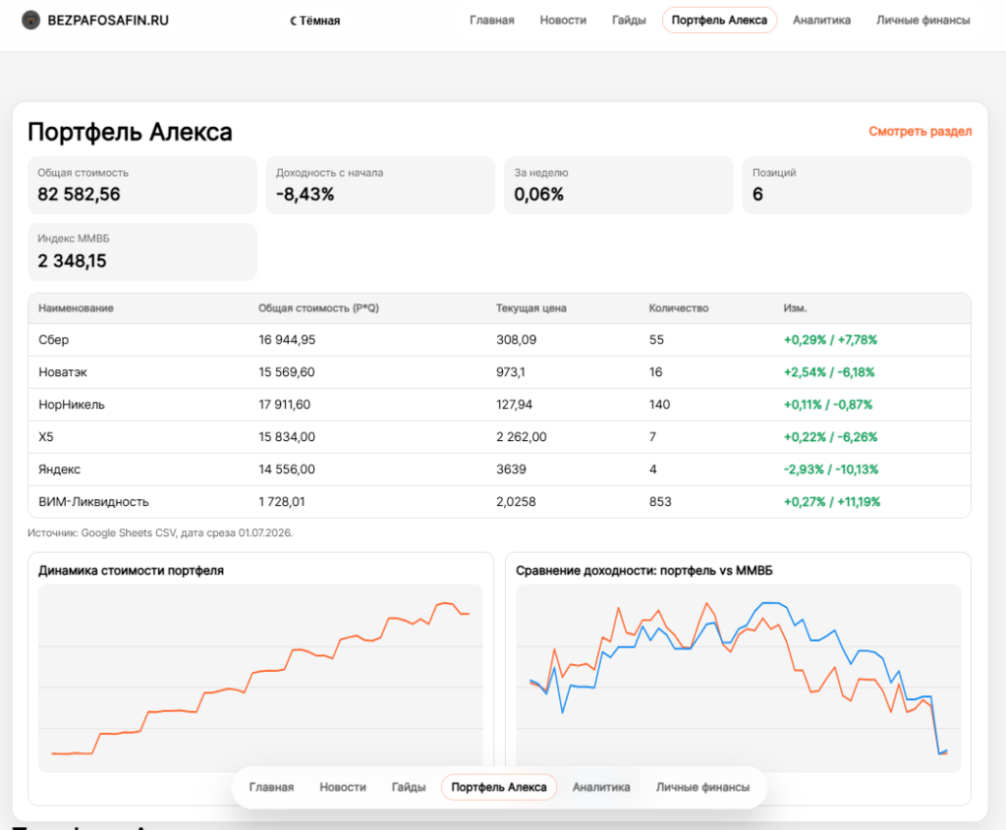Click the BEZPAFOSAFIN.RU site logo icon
click(x=30, y=20)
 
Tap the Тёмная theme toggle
click(x=315, y=21)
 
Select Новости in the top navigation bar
click(x=563, y=20)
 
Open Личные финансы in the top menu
click(x=922, y=20)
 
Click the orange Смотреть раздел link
click(x=920, y=132)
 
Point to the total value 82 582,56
click(x=79, y=194)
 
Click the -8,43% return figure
click(x=305, y=194)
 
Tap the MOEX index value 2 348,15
click(x=72, y=261)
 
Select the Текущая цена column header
click(x=531, y=307)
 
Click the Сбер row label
click(x=53, y=340)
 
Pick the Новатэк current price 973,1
click(x=510, y=372)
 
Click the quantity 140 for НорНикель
click(x=659, y=405)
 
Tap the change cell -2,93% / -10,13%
click(x=831, y=470)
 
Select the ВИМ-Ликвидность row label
click(x=93, y=502)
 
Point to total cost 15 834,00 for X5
click(x=287, y=437)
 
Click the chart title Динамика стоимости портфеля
click(x=131, y=571)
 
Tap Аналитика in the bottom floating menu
click(x=601, y=787)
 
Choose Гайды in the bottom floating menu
click(x=409, y=787)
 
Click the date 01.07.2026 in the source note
click(x=265, y=533)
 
